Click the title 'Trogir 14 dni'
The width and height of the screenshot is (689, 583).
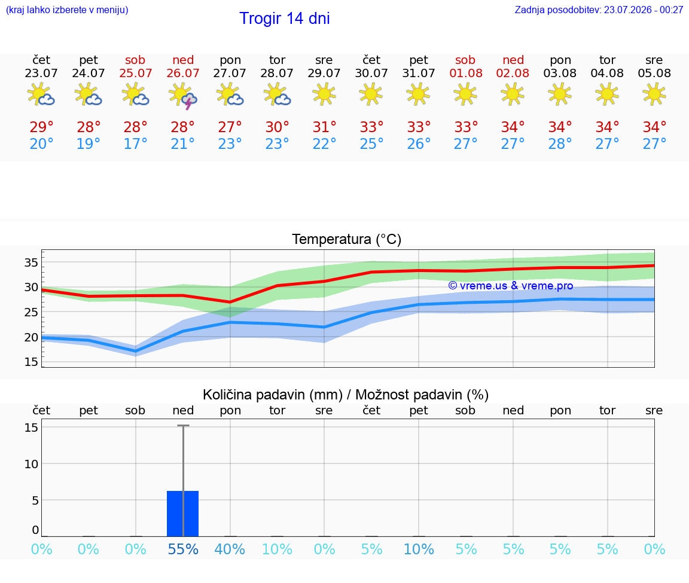click(x=284, y=19)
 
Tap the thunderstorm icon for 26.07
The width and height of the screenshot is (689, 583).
click(x=183, y=96)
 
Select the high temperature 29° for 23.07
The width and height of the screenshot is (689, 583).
click(x=41, y=127)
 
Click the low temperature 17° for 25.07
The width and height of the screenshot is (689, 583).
click(x=135, y=144)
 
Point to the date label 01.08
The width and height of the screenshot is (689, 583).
click(x=466, y=74)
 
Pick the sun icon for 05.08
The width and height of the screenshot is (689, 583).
click(x=654, y=94)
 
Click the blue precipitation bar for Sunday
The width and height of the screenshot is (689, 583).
click(x=183, y=514)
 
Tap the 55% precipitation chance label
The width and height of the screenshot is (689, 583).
click(x=183, y=549)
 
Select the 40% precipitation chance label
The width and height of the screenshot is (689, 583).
click(x=230, y=549)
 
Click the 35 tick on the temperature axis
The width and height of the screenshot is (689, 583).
click(x=31, y=262)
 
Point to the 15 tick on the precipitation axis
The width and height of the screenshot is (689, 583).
click(x=31, y=428)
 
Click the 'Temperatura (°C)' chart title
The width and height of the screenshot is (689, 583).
click(x=347, y=239)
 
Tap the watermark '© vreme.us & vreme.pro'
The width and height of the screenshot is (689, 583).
click(x=511, y=286)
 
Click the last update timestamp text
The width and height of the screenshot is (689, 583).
click(x=599, y=10)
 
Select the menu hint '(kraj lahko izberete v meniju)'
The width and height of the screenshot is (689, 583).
click(x=67, y=10)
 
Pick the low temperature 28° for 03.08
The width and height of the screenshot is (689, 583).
click(x=560, y=144)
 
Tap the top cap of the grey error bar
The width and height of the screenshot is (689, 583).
click(x=183, y=425)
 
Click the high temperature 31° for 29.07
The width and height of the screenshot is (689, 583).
click(x=324, y=127)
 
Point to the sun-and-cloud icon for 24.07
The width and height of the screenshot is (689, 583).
click(x=89, y=94)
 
